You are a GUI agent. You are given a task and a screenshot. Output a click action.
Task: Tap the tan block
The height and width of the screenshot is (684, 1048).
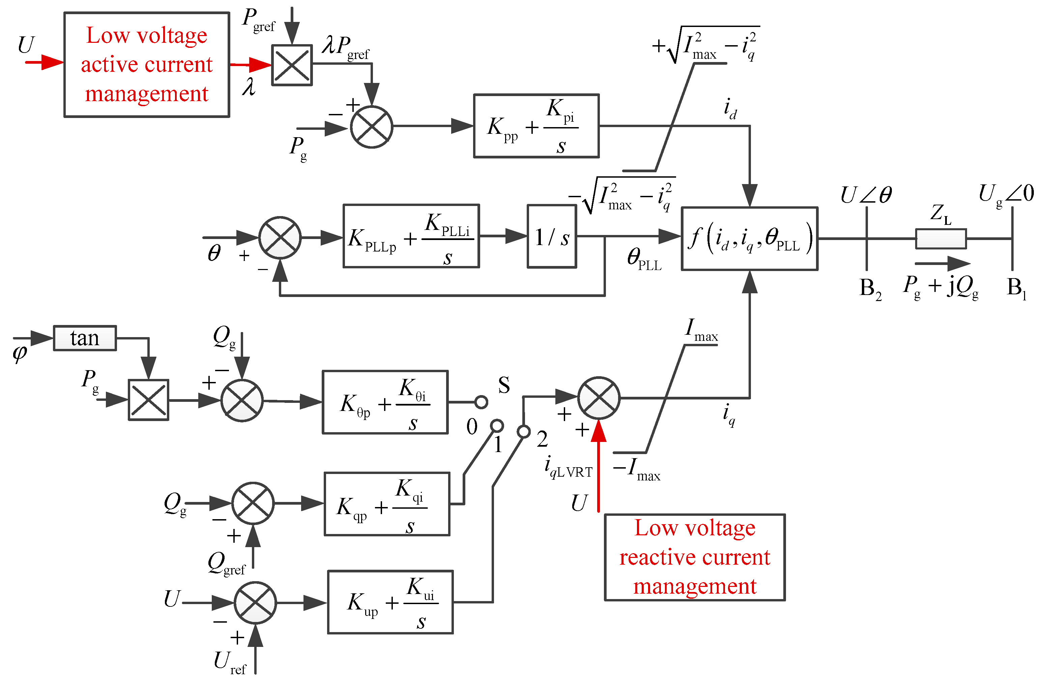coord(85,338)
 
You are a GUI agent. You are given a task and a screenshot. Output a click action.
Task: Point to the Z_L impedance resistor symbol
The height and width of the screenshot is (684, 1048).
coord(941,239)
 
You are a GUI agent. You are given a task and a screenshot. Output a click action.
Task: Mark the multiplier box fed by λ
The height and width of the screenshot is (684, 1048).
coord(292,65)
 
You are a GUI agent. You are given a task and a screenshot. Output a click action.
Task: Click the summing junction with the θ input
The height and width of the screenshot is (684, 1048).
coord(280,238)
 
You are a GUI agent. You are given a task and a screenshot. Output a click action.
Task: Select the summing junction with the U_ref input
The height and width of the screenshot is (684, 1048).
coord(255,602)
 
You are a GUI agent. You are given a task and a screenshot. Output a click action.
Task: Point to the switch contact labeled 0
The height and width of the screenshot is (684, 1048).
coord(481,402)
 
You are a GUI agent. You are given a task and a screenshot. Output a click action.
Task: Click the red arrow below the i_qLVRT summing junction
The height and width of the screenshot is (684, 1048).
coord(599,467)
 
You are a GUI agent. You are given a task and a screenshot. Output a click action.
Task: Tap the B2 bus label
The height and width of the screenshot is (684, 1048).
coord(871,289)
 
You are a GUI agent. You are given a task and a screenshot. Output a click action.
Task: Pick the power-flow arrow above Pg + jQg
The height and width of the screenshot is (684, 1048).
coord(943,263)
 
